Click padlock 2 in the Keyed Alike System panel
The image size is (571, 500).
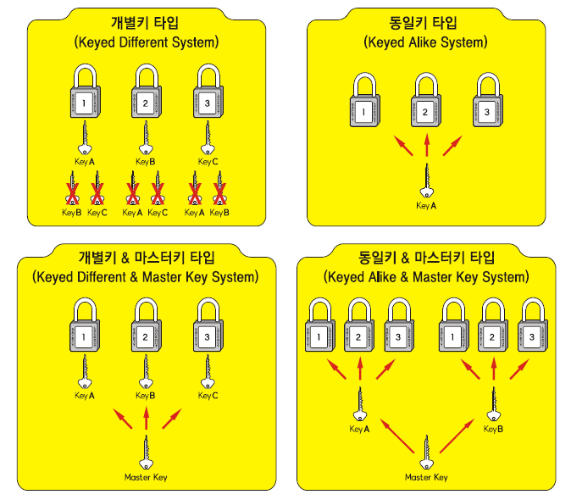[x=426, y=106]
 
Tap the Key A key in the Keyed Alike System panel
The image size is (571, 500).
[x=427, y=181]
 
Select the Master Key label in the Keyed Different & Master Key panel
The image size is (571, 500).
[x=146, y=477]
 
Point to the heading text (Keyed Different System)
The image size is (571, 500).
[x=146, y=42]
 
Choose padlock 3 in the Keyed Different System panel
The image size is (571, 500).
[x=208, y=100]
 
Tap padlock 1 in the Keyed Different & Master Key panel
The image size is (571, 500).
[x=85, y=331]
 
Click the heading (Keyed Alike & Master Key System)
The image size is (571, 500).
[x=426, y=277]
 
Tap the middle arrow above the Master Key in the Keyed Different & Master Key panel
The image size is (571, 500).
[x=146, y=418]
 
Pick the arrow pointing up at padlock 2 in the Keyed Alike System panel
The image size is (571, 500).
[x=426, y=142]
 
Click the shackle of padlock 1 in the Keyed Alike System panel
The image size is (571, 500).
[x=364, y=86]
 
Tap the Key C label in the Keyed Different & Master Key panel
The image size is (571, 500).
[x=208, y=396]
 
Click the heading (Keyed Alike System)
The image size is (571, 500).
[x=426, y=42]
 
